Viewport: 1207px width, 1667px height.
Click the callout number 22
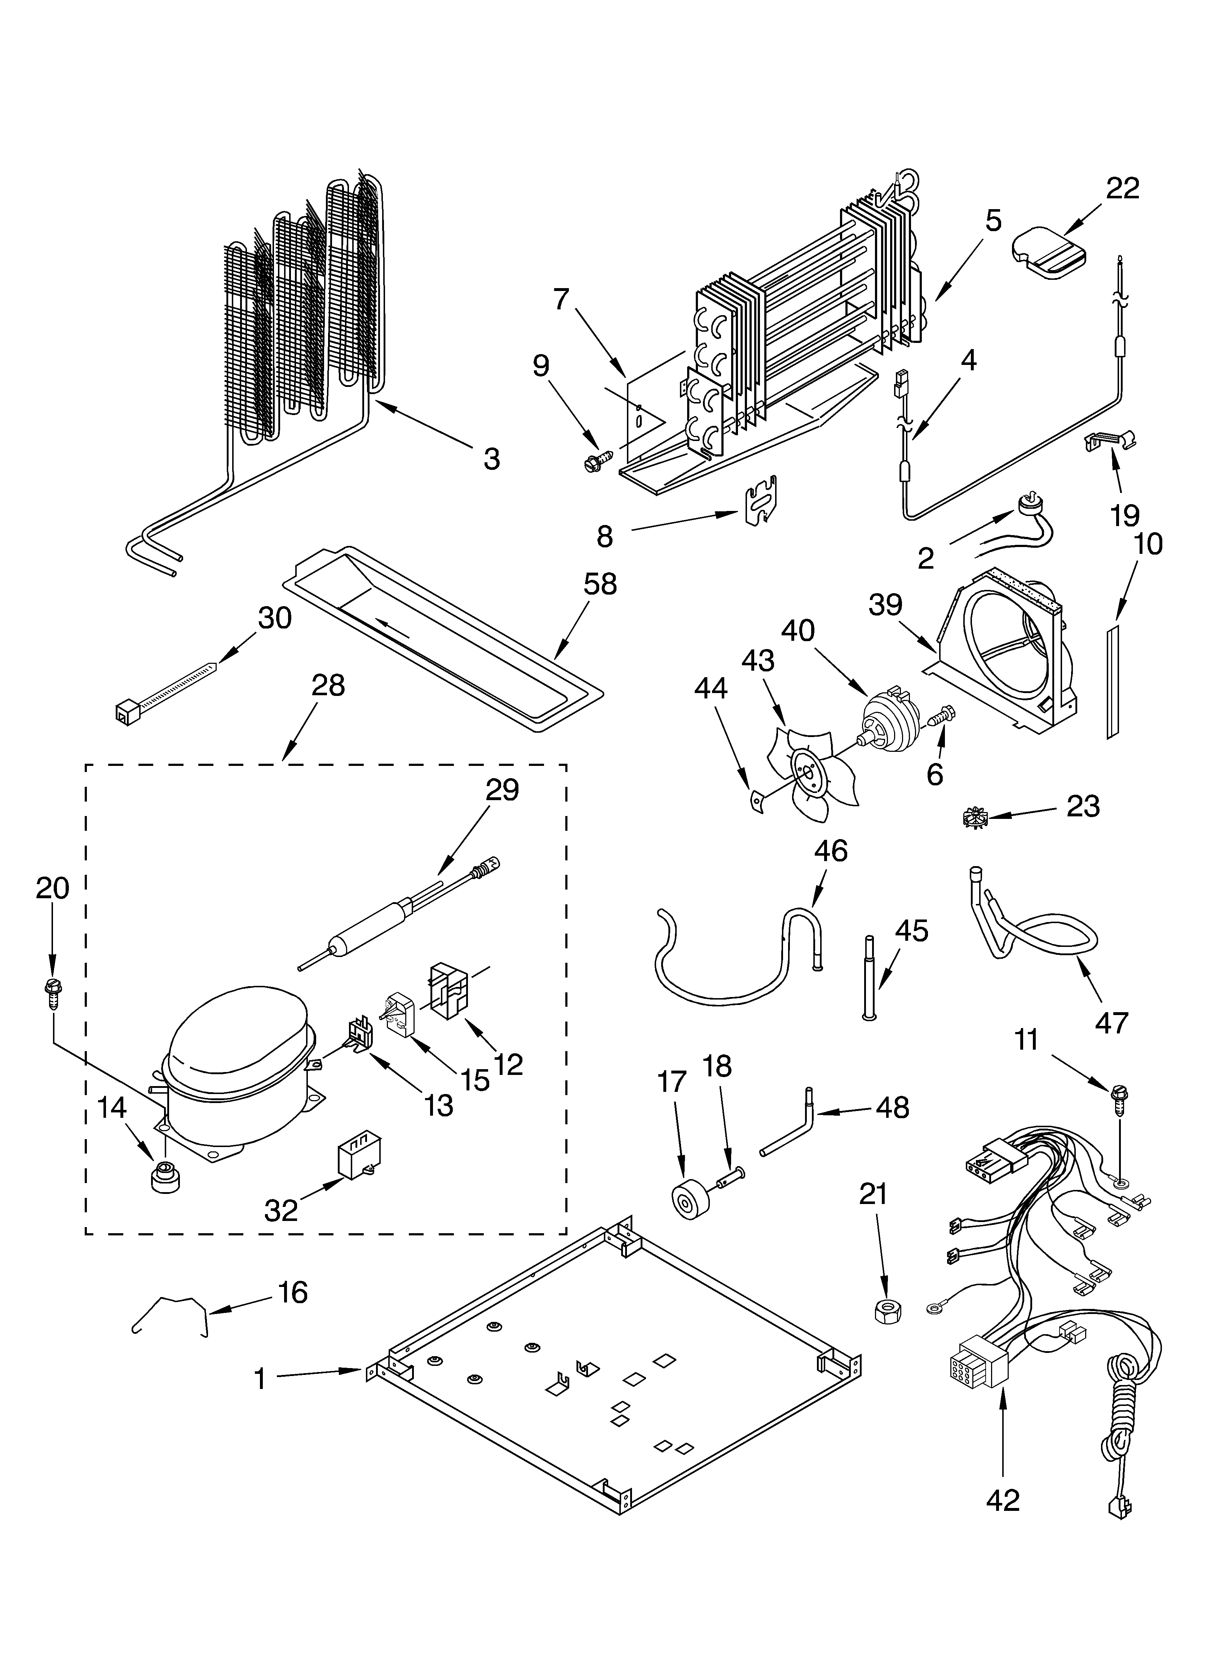1123,188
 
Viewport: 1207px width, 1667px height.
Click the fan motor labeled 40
892,724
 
